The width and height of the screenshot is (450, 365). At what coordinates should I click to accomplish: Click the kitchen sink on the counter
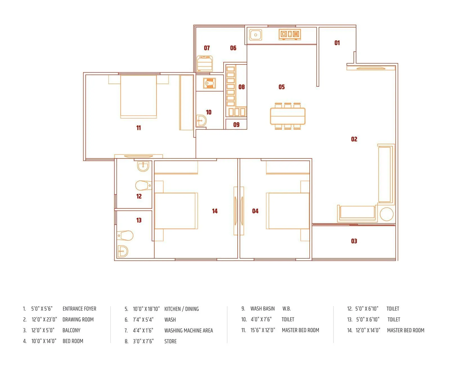click(256, 35)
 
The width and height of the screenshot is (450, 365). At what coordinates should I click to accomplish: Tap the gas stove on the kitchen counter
click(290, 34)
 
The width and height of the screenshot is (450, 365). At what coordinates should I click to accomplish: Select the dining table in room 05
click(287, 116)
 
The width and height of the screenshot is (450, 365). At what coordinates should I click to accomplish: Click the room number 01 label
click(337, 43)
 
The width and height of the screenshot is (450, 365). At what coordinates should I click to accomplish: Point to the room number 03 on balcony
click(354, 241)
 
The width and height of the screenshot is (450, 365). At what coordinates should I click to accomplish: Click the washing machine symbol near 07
click(205, 64)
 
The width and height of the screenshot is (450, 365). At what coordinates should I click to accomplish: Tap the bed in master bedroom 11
click(138, 96)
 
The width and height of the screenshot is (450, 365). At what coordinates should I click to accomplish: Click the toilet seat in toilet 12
click(143, 185)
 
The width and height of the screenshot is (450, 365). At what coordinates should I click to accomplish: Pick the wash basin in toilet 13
click(122, 251)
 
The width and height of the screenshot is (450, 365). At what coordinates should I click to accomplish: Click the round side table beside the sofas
click(386, 214)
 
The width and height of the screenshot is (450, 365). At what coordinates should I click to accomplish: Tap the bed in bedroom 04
click(287, 211)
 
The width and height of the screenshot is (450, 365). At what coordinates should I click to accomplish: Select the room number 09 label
click(236, 124)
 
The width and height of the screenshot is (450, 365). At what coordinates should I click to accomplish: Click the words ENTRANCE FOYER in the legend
click(79, 309)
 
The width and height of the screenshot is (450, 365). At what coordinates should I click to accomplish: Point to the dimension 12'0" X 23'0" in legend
click(44, 319)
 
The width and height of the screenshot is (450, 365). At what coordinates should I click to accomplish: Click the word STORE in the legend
click(170, 341)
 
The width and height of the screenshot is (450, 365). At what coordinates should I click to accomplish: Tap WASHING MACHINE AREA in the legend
click(188, 330)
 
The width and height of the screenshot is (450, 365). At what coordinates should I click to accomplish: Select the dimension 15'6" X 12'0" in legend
click(263, 330)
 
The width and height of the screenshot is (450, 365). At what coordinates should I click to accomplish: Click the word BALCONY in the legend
click(71, 330)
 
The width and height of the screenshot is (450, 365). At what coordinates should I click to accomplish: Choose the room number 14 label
click(215, 211)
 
